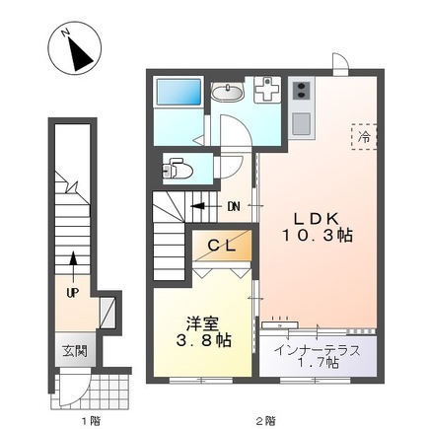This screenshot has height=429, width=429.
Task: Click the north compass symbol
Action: (x=71, y=50)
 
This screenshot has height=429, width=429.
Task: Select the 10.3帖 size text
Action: (x=318, y=238)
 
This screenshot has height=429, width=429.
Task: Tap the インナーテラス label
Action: (x=318, y=350)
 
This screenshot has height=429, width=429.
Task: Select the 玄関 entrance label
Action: (x=75, y=351)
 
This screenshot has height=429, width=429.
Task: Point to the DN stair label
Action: (x=234, y=206)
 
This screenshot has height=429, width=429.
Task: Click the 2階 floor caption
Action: (x=264, y=419)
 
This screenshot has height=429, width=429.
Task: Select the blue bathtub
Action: (x=179, y=96)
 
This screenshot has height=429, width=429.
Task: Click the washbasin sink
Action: (x=229, y=94)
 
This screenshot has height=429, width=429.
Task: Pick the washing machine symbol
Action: (x=265, y=93)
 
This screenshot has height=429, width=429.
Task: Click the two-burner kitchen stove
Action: (x=300, y=93)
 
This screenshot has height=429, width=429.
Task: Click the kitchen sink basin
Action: (x=301, y=125)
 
